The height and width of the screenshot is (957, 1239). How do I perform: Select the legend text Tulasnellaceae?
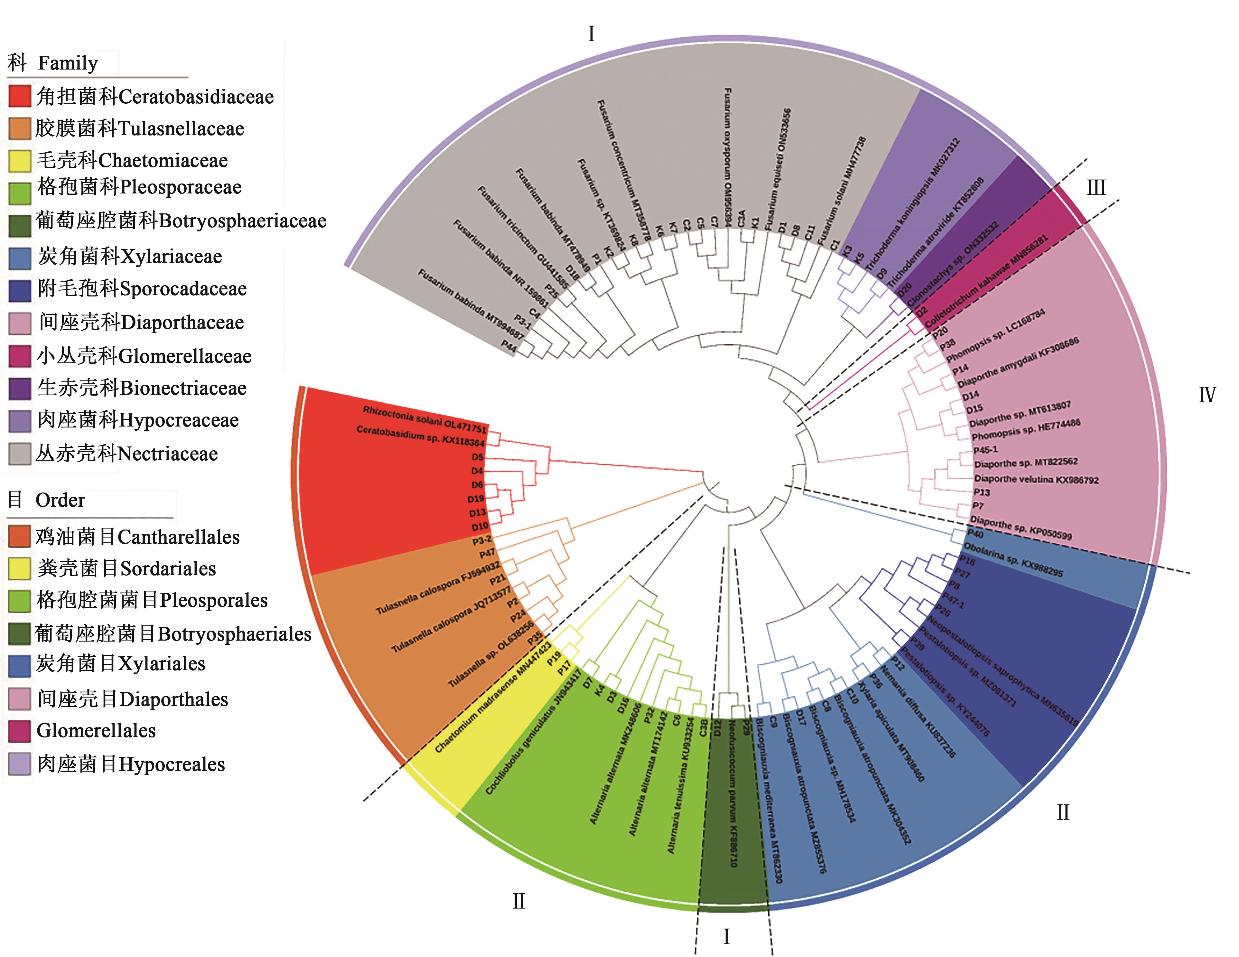pyautogui.click(x=182, y=129)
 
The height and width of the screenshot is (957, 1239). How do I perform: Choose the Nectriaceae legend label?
pyautogui.click(x=168, y=454)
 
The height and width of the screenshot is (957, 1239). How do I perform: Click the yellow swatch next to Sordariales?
pyautogui.click(x=20, y=568)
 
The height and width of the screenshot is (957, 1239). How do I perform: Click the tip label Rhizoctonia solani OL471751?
pyautogui.click(x=424, y=419)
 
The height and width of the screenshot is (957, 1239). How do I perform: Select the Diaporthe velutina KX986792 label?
pyautogui.click(x=1036, y=479)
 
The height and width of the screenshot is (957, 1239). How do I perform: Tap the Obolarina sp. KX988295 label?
pyautogui.click(x=1013, y=559)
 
